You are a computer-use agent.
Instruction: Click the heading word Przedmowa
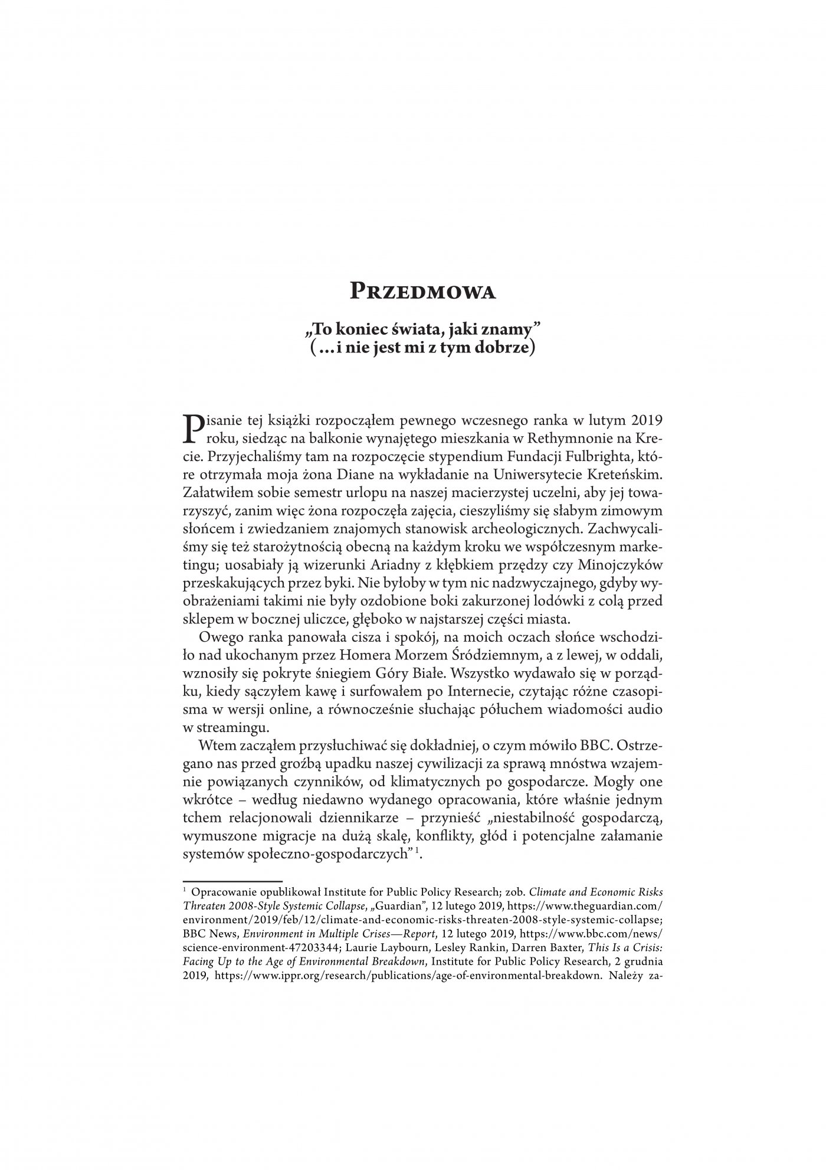[422, 292]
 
